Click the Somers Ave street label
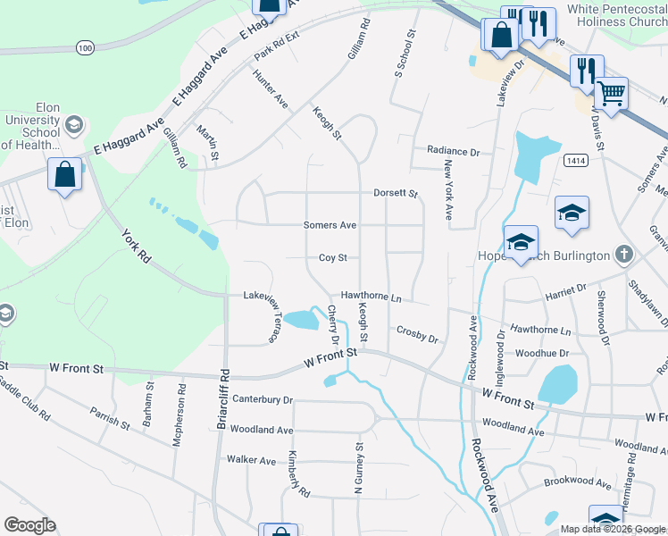pyautogui.click(x=330, y=225)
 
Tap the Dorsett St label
pyautogui.click(x=396, y=193)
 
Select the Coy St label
pyautogui.click(x=332, y=258)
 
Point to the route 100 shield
pyautogui.click(x=84, y=47)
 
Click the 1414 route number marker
pyautogui.click(x=574, y=158)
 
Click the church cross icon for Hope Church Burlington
pyautogui.click(x=624, y=255)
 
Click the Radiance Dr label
pyautogui.click(x=453, y=151)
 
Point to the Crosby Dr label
pyautogui.click(x=417, y=334)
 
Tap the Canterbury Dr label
pyautogui.click(x=263, y=398)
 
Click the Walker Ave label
pyautogui.click(x=251, y=460)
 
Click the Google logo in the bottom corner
pyautogui.click(x=29, y=524)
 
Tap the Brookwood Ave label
pyautogui.click(x=578, y=483)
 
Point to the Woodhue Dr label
pyautogui.click(x=542, y=353)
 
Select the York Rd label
pyautogui.click(x=136, y=245)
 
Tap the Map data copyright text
pyautogui.click(x=613, y=529)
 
